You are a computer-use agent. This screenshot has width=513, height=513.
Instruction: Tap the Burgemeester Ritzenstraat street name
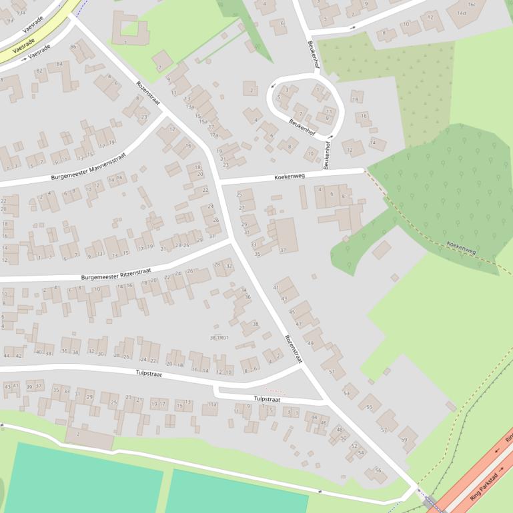tap(116, 274)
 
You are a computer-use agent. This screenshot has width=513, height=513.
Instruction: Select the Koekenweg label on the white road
tap(290, 177)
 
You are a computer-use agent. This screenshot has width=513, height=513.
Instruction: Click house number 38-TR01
tap(219, 338)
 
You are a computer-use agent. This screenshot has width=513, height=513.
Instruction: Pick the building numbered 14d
tap(462, 13)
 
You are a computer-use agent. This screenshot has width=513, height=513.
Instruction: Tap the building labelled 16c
tap(472, 4)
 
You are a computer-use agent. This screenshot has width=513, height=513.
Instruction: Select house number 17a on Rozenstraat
tap(213, 135)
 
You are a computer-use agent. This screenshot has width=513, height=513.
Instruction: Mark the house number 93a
tap(21, 13)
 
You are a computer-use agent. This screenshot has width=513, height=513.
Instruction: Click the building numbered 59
tap(404, 440)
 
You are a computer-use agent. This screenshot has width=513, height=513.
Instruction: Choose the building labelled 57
tap(384, 430)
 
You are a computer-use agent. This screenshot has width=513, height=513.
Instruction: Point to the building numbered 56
tap(378, 470)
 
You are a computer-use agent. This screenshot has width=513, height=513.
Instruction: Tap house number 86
tap(73, 47)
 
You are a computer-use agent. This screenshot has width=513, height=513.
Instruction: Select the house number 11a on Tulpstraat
tap(211, 404)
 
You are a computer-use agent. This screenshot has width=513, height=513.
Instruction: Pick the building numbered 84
tap(59, 64)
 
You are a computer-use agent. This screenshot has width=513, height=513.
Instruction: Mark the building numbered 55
tap(369, 406)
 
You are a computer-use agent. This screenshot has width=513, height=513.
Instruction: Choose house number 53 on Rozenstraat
tap(346, 393)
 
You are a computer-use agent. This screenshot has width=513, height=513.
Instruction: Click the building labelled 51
tap(332, 371)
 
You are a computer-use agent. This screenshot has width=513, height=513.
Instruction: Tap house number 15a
tap(199, 121)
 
